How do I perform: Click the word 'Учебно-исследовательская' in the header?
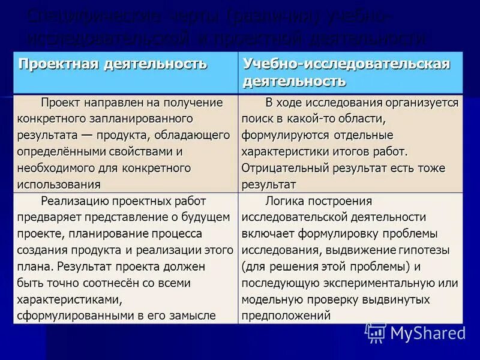(346, 64)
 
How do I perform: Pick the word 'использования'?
(59, 184)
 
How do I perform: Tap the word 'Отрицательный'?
(281, 168)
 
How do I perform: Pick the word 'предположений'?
(286, 314)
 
